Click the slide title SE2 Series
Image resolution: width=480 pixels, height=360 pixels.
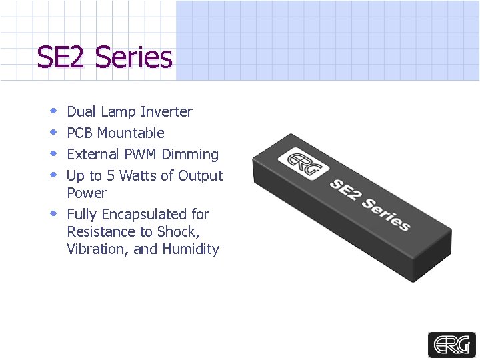[x=105, y=57]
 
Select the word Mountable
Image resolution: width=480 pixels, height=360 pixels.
[x=131, y=133]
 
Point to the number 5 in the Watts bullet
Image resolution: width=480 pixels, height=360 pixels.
[x=111, y=175]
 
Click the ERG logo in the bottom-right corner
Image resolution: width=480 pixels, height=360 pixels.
[x=451, y=344]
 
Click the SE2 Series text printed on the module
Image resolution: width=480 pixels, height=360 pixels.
[x=369, y=204]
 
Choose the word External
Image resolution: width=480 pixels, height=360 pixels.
[x=93, y=154]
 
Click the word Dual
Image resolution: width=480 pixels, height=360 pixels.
[x=82, y=111]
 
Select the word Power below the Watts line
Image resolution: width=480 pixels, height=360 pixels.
[x=87, y=193]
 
